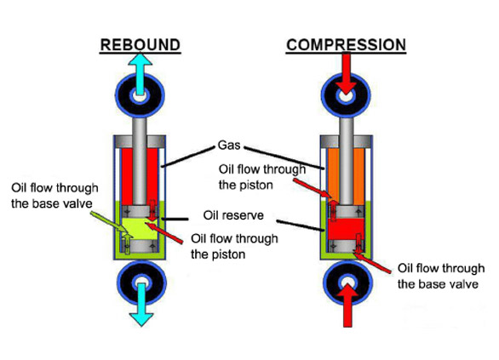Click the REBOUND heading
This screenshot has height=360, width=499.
coord(141,45)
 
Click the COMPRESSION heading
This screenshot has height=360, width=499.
coord(346,45)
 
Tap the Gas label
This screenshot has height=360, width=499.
coord(229,145)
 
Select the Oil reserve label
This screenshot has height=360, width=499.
coord(233,215)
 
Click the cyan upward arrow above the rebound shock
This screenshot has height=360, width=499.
coord(140,74)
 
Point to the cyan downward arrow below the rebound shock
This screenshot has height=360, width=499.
coord(141,305)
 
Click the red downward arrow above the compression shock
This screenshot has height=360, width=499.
coord(347,73)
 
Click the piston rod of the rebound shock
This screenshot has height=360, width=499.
coord(140,161)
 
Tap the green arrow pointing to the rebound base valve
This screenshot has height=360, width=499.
coord(108,222)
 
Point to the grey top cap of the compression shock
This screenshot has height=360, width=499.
coord(346,141)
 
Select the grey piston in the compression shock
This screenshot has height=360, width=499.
coord(346,212)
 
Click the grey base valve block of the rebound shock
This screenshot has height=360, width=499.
coord(140,246)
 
